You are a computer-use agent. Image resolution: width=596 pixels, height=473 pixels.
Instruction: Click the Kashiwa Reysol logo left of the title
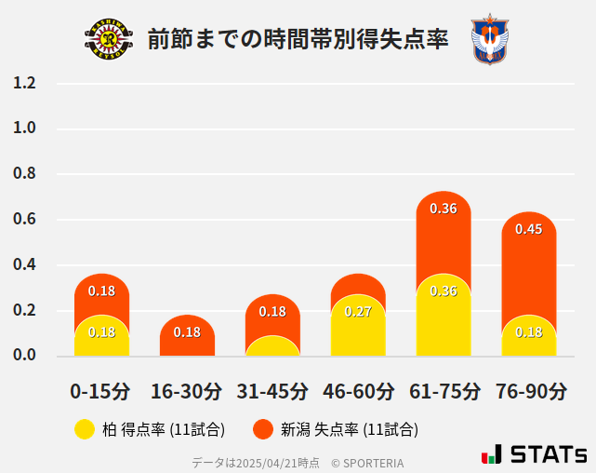pos(109,39)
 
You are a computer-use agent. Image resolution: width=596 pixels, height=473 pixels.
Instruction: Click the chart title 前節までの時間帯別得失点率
pos(298,39)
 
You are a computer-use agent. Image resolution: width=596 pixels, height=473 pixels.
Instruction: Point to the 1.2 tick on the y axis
pos(24,84)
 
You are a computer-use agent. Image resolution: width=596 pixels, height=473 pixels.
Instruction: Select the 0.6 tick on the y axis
pos(24,220)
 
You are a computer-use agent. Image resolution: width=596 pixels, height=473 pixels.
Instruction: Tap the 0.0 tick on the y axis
pos(24,356)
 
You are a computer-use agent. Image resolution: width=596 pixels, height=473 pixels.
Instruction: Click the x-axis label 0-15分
pos(101,391)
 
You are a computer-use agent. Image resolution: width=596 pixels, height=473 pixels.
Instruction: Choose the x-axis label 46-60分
pos(358,391)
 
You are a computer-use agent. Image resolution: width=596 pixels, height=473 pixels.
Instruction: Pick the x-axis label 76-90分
pos(529,391)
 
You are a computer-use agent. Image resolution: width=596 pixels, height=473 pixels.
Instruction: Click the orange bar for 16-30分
pos(187,335)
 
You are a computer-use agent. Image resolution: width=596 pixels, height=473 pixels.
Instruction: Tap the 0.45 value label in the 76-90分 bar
pos(529,229)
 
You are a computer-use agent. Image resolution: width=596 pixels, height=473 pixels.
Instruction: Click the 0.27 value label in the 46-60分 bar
pos(358,311)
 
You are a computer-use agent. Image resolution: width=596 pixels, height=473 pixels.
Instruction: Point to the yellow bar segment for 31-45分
pos(272,346)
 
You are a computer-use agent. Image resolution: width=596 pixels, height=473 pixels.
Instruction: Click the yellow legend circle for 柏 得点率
pos(85,429)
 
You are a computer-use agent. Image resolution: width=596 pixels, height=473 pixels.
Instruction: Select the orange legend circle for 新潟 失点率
pos(263,429)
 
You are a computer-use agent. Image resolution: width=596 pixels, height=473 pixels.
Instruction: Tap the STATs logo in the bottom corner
pos(534,454)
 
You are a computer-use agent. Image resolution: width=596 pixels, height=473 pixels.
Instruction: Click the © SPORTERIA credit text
pos(367,462)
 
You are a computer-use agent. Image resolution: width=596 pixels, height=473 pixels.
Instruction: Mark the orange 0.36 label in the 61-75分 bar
pos(444,209)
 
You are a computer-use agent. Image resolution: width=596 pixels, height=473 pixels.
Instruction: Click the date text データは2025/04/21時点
pos(256,462)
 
